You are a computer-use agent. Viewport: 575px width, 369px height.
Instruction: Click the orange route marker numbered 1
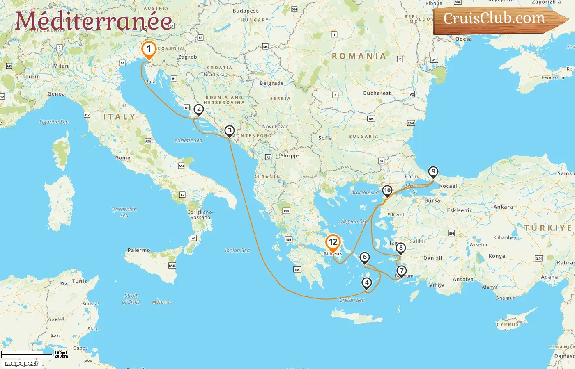tap(149, 50)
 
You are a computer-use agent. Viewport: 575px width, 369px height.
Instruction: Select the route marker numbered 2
tap(199, 109)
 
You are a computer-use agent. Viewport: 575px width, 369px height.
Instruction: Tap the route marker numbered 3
tap(229, 131)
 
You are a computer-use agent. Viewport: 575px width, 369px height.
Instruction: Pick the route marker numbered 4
tap(367, 282)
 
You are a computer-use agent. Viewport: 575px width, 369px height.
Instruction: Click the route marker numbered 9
tap(433, 172)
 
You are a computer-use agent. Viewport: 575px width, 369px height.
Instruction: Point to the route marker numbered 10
tap(387, 190)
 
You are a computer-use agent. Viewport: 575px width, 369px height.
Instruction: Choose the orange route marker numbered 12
tap(333, 242)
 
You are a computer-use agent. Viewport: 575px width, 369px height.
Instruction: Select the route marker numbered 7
tap(401, 271)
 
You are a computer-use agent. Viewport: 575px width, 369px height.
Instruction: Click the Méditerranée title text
tap(94, 21)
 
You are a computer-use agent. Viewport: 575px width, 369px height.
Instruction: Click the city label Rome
tap(123, 158)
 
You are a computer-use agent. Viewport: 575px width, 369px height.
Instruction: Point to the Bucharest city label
tap(377, 93)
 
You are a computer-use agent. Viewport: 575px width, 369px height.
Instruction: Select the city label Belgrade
tap(271, 83)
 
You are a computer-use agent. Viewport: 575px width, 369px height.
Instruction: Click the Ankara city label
tap(503, 207)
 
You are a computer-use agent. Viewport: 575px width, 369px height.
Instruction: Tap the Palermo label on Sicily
tap(139, 250)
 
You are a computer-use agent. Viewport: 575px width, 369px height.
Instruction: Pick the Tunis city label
tap(80, 281)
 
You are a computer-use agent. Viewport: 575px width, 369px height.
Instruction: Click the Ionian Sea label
tap(237, 250)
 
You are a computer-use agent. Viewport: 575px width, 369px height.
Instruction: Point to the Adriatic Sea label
tap(188, 140)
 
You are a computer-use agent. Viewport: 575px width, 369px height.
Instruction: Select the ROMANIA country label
tap(359, 56)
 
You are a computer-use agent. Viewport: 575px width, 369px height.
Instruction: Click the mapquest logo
tap(22, 363)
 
